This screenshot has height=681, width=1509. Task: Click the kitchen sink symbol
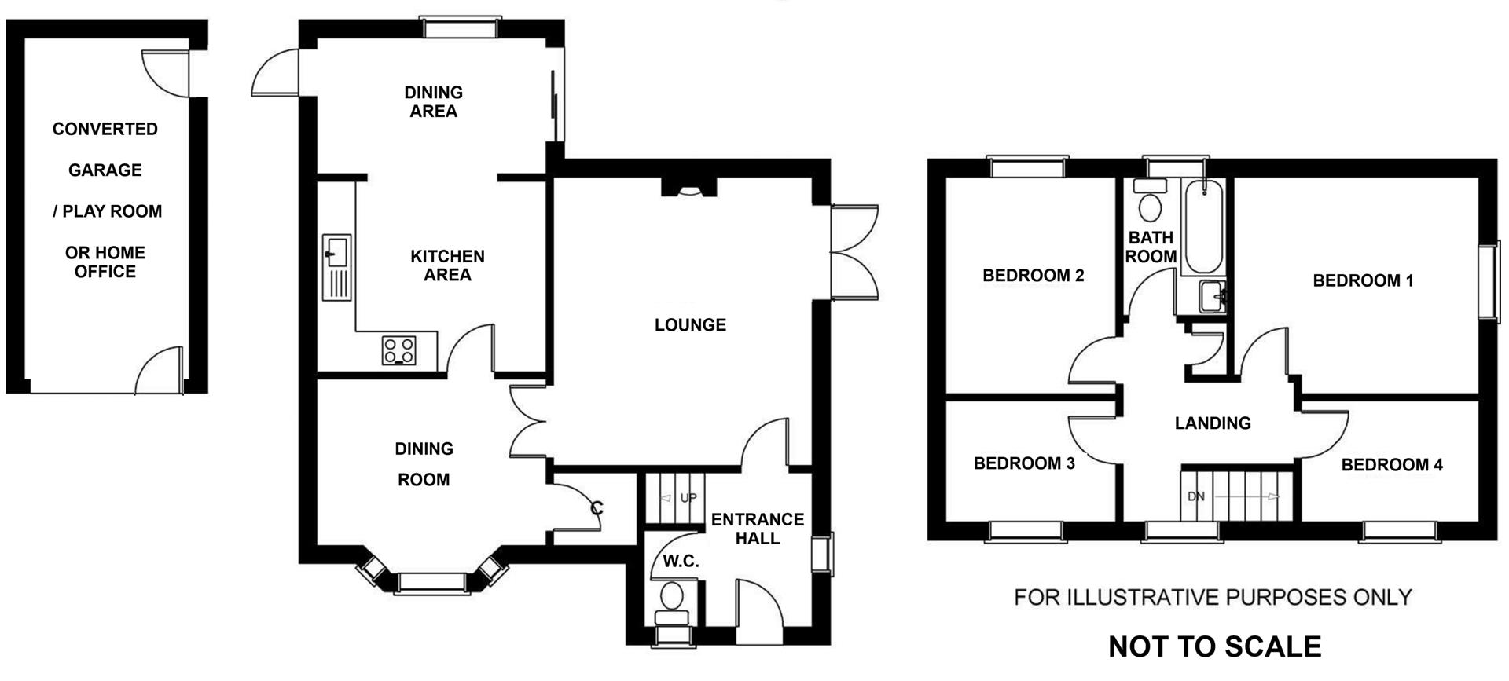pos(337,267)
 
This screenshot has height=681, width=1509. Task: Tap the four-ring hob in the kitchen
pos(399,350)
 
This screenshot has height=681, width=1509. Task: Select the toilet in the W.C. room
pos(672,599)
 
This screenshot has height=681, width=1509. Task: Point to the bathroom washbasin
pos(1213,297)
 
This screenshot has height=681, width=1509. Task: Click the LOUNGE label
pos(690,324)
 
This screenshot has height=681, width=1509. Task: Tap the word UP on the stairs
pos(688,498)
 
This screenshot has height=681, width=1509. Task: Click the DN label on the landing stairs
pos(1195,496)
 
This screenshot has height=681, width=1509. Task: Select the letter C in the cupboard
pos(597,508)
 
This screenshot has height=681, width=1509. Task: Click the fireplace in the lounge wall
pos(689,188)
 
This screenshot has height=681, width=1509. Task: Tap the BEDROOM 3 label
pos(1023,463)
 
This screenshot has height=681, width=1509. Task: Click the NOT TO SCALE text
pos(1214,646)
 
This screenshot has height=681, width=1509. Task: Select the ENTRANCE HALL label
pos(757,529)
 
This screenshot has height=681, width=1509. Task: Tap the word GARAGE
pos(105,170)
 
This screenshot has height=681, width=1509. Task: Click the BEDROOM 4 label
pos(1391,465)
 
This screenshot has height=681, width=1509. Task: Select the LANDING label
pos(1212,423)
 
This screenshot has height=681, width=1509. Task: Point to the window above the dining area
pos(461,28)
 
